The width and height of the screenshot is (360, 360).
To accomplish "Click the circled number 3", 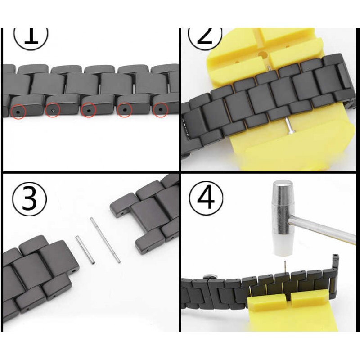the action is tap(29, 199).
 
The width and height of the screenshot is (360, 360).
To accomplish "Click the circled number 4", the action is tap(206, 198).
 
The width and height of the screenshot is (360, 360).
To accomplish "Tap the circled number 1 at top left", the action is tap(31, 37).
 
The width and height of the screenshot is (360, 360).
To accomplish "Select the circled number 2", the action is tap(205, 37).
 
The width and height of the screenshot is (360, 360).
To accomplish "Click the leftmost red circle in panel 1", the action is tap(18, 112).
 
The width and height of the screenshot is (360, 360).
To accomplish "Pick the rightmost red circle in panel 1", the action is tap(161, 110).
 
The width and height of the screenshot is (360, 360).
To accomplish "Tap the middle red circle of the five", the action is tap(88, 110).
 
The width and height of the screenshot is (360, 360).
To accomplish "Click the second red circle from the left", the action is tap(53, 110).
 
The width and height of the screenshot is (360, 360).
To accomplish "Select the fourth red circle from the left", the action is tap(125, 110).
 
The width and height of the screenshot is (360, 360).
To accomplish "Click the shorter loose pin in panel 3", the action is tap(85, 250).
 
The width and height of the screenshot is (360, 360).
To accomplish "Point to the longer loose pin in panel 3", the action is tap(105, 240).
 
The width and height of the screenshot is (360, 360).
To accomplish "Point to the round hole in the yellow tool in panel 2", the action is tap(263, 55).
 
